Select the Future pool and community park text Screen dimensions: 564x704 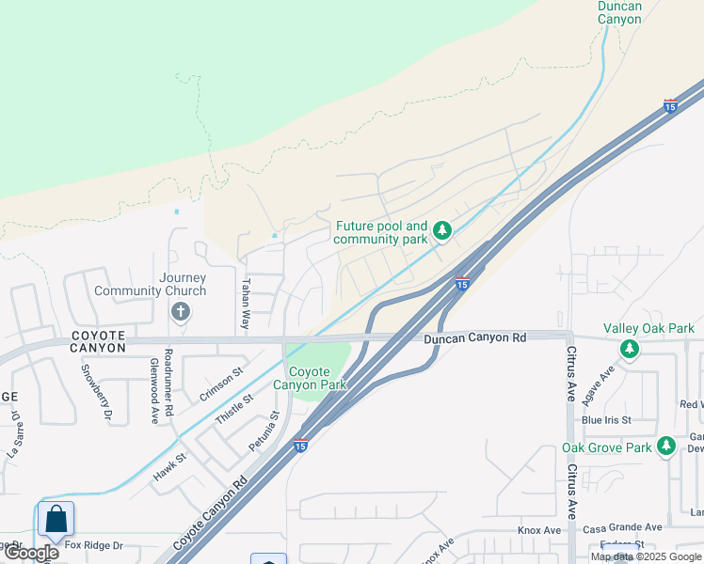(382, 233)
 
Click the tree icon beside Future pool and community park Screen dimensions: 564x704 (441, 230)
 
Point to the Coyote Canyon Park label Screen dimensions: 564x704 (310, 378)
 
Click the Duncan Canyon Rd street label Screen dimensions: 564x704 (473, 337)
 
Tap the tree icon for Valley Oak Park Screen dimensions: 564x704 (628, 350)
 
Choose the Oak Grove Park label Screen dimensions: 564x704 (606, 447)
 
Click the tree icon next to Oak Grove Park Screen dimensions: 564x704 (666, 446)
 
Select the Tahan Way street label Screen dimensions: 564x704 (247, 302)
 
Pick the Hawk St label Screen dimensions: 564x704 (170, 469)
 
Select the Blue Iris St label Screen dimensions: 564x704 (605, 419)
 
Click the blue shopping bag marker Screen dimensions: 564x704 (56, 518)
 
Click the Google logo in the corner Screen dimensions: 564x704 (31, 553)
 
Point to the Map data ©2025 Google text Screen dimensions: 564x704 (646, 556)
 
